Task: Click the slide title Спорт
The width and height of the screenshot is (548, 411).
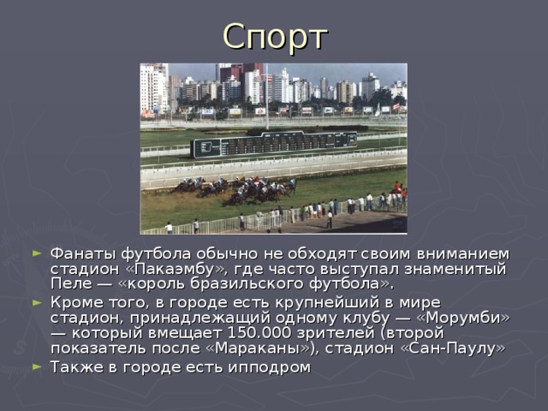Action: [274, 36]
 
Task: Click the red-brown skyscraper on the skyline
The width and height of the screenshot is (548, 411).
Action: [230, 72]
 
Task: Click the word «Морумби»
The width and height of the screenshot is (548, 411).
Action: [462, 318]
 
